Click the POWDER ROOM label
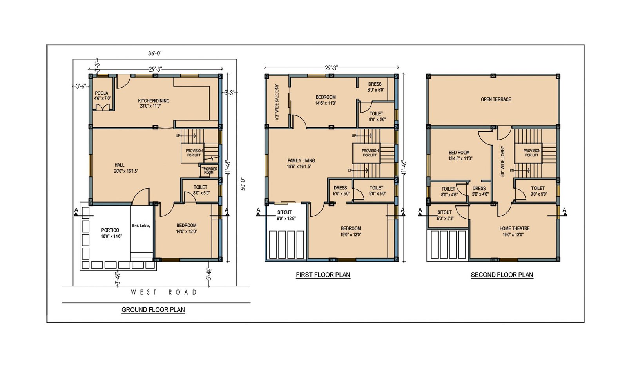(210, 171)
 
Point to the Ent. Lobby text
(141, 225)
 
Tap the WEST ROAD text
(164, 292)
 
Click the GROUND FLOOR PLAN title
(153, 310)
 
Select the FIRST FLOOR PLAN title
(323, 275)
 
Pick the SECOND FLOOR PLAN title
(502, 275)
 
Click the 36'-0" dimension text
(155, 53)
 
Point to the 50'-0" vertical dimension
(243, 184)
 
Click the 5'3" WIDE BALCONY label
(277, 102)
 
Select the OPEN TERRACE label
(496, 99)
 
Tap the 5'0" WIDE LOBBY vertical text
(502, 161)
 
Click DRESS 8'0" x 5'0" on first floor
(376, 87)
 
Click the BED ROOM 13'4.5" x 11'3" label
(460, 155)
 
